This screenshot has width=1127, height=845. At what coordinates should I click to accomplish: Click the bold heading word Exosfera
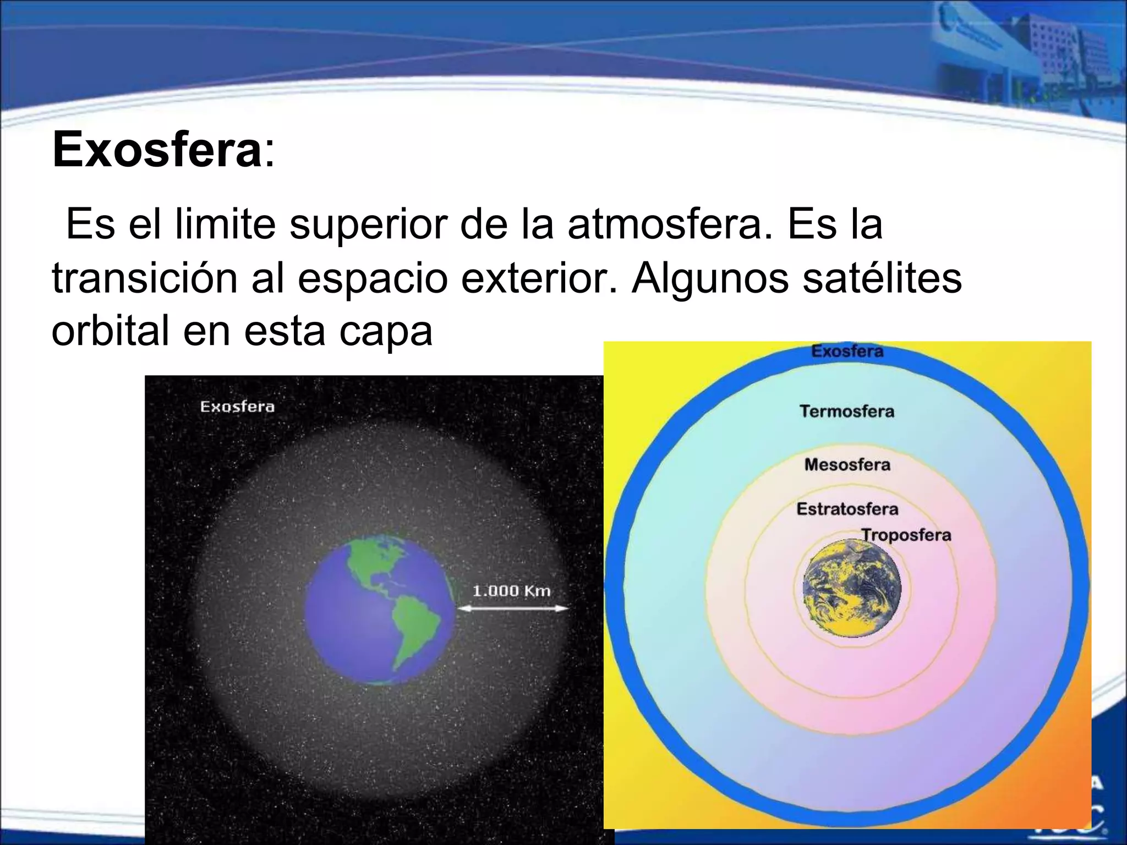click(x=157, y=150)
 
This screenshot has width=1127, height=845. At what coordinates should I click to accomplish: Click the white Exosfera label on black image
click(x=237, y=407)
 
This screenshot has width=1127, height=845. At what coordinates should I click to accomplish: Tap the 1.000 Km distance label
click(x=511, y=591)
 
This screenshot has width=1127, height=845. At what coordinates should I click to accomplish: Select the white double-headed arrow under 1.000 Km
click(x=512, y=608)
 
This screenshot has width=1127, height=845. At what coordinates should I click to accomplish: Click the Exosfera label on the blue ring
click(x=847, y=352)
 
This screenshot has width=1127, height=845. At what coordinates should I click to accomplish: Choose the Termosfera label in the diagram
click(x=847, y=411)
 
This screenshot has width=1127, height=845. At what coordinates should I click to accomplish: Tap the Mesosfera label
click(x=847, y=464)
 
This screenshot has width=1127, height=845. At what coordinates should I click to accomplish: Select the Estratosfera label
click(x=847, y=509)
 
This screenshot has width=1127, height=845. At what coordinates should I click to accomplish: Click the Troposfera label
click(x=906, y=535)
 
